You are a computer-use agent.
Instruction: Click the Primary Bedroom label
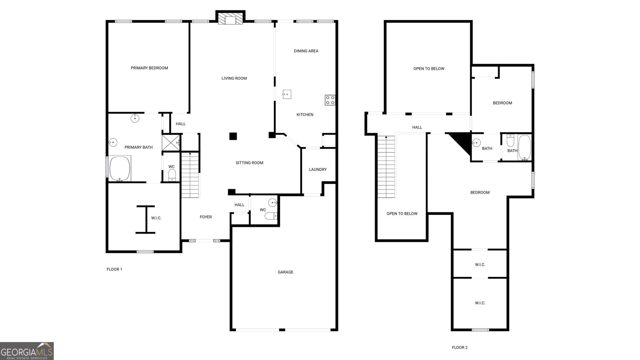click(x=149, y=68)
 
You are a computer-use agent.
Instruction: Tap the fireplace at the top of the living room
click(x=230, y=20)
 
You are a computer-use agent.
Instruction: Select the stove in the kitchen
click(x=330, y=100)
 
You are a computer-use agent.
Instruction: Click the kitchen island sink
click(x=287, y=94)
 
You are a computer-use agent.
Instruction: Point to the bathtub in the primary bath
click(x=120, y=168)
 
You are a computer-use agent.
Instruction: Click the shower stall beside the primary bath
click(x=170, y=143)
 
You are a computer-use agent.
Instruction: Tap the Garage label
click(x=286, y=272)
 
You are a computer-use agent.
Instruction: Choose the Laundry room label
click(x=318, y=170)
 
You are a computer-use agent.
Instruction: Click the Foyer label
click(x=206, y=217)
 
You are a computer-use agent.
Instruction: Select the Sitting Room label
click(x=249, y=163)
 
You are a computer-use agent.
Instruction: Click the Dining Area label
click(x=306, y=51)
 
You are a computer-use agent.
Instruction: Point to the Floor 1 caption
click(x=114, y=269)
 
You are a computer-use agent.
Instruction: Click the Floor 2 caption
click(x=460, y=348)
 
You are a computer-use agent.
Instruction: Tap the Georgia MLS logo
click(x=27, y=351)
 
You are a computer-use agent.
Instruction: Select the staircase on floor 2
click(x=386, y=166)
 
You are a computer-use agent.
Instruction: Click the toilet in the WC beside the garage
click(x=271, y=216)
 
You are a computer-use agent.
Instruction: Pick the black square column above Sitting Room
click(x=233, y=136)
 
